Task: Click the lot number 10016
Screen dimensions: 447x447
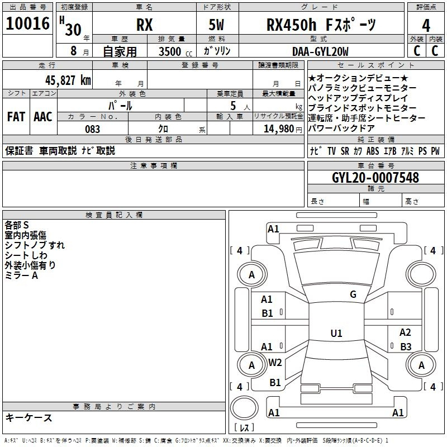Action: (x=27, y=24)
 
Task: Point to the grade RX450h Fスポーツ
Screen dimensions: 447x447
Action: (x=321, y=25)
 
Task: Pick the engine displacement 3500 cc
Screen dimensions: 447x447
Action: (x=174, y=51)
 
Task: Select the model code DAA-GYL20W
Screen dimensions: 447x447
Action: (x=320, y=51)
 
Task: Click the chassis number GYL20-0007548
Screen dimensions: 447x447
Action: (x=375, y=178)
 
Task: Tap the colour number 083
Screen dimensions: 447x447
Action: (x=92, y=129)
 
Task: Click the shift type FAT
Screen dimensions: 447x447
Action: (x=16, y=117)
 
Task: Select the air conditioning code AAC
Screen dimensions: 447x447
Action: (x=42, y=117)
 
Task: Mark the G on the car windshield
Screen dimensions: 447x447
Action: (x=353, y=294)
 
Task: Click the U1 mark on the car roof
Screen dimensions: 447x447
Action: (x=336, y=334)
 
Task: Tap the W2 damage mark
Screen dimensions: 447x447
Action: (x=275, y=363)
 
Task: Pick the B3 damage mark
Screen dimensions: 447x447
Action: (x=406, y=347)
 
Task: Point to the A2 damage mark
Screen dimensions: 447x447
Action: (x=406, y=332)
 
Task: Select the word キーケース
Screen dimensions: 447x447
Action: (x=28, y=418)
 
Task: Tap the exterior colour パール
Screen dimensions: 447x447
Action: (x=120, y=105)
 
